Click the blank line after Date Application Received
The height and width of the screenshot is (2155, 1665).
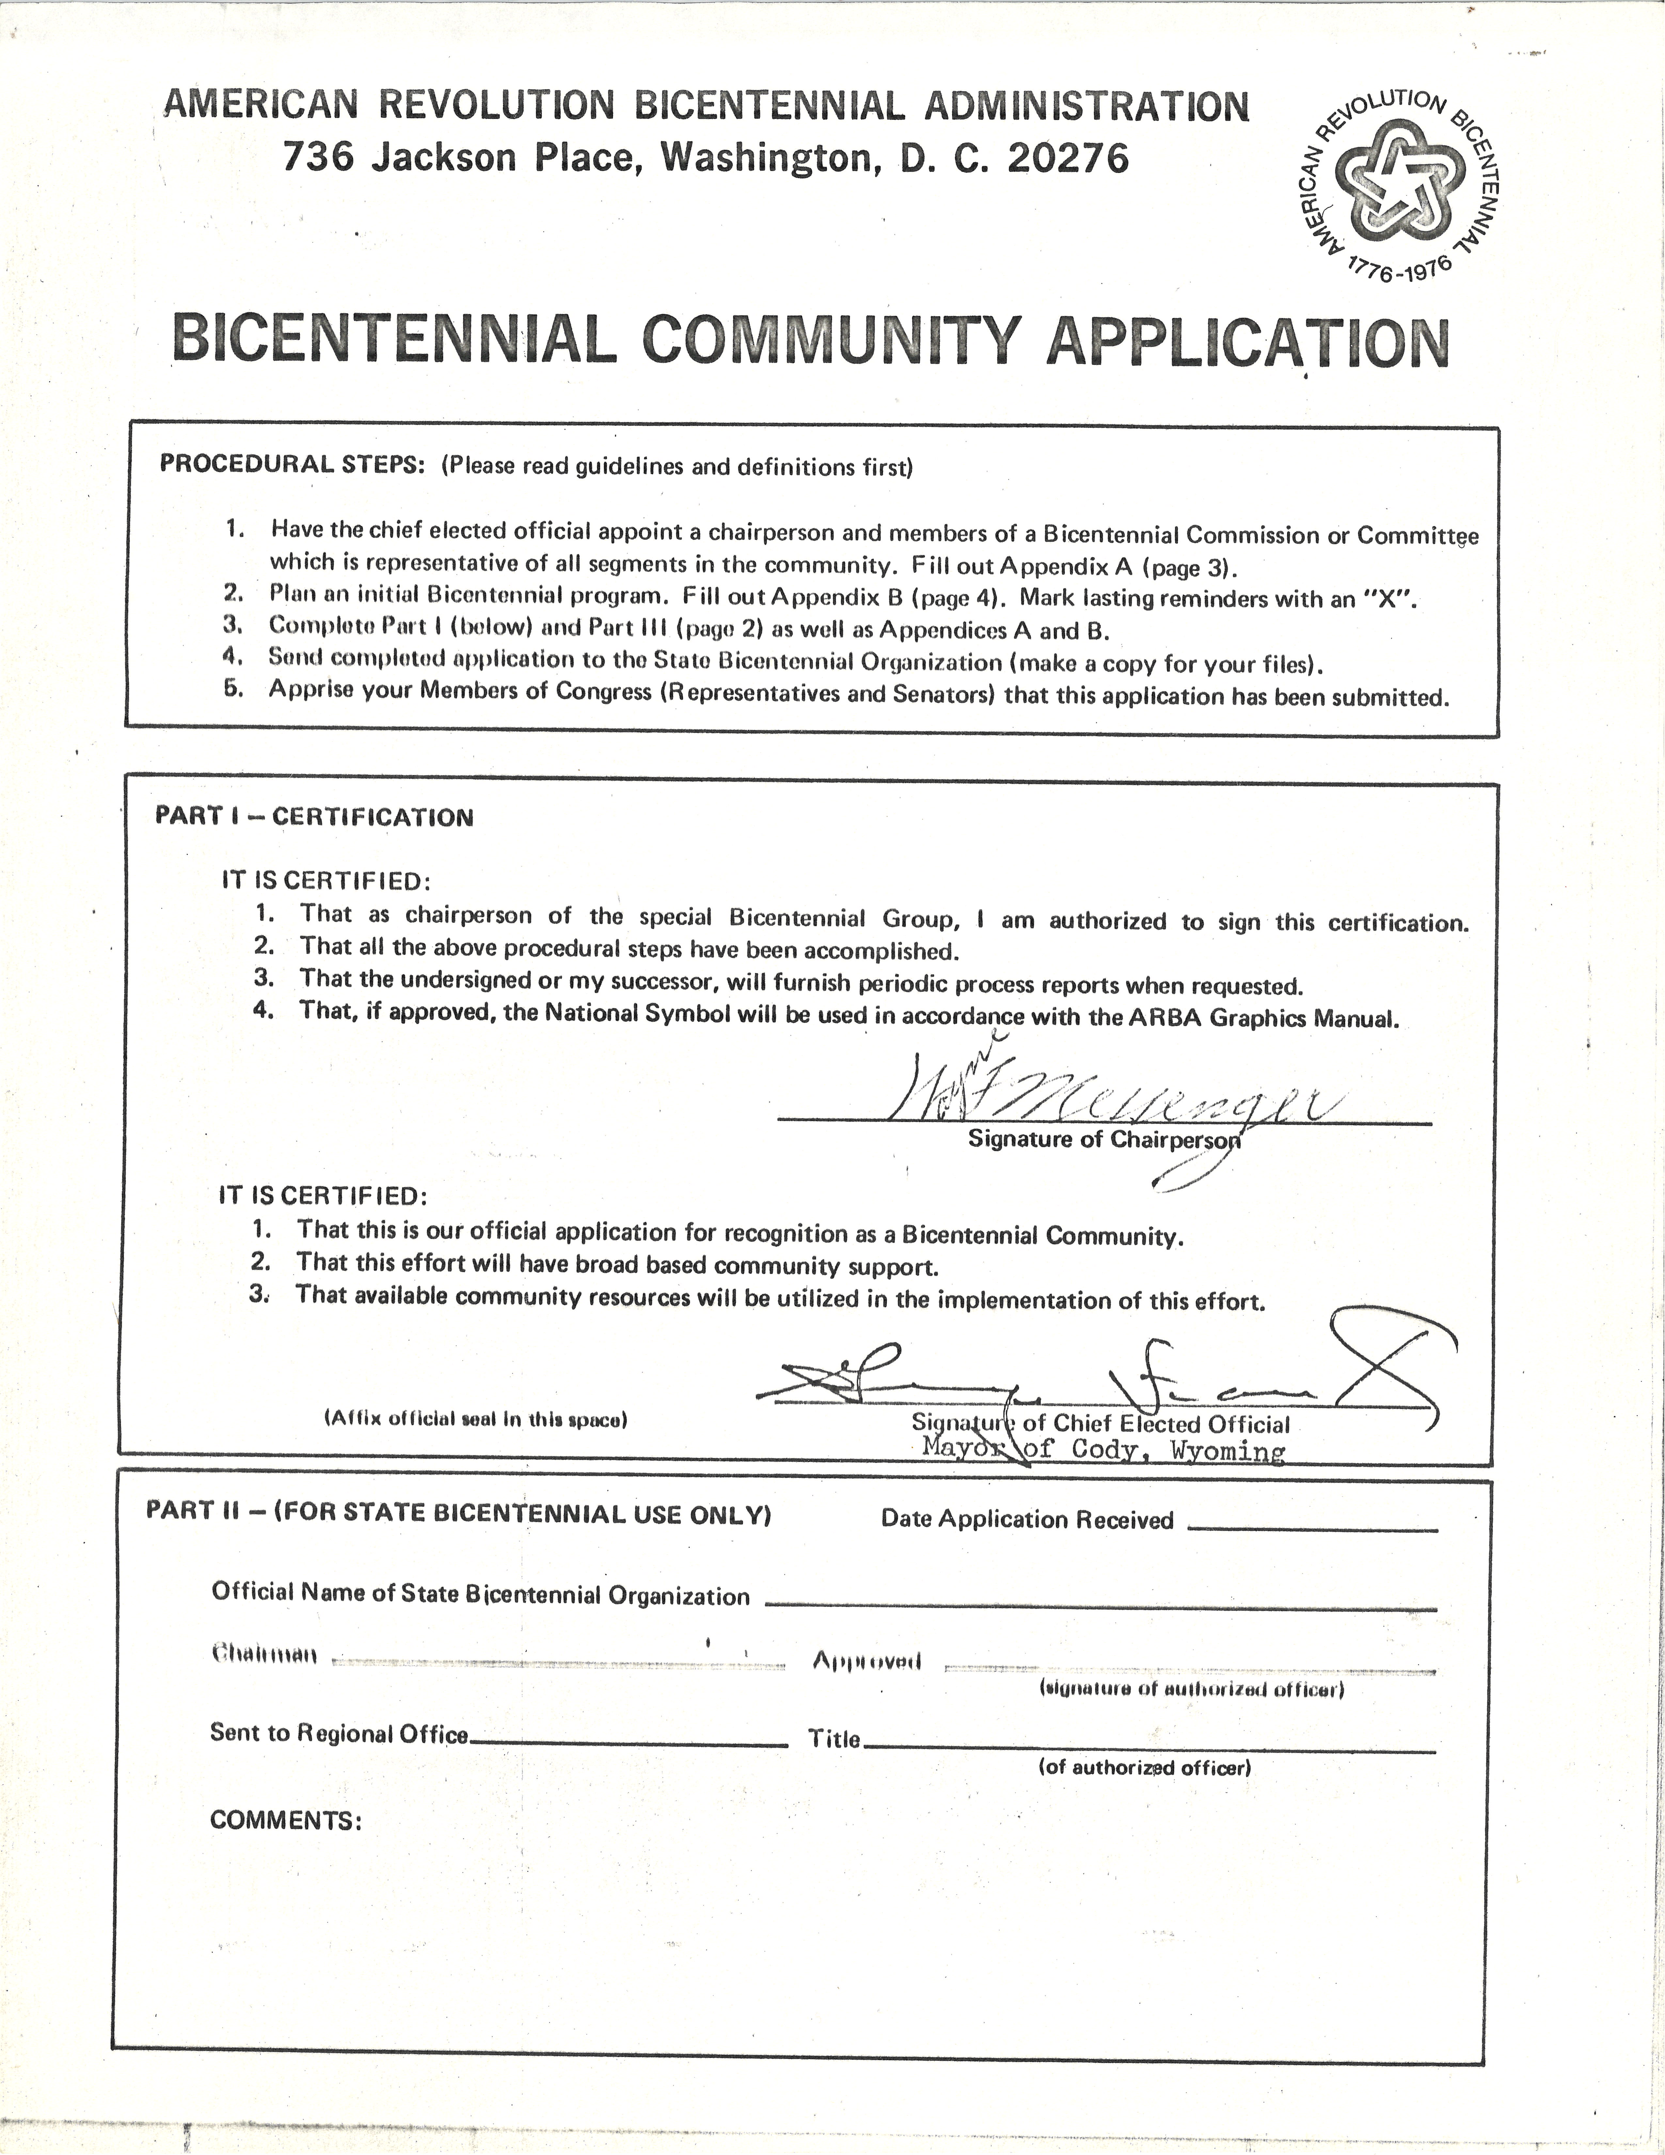point(1312,1528)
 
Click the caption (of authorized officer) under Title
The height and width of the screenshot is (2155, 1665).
point(1144,1767)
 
